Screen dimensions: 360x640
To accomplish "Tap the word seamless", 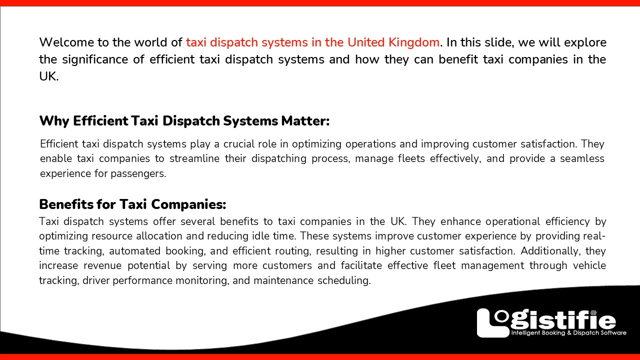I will click(580, 159).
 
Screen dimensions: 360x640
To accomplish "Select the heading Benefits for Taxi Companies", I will click(132, 204).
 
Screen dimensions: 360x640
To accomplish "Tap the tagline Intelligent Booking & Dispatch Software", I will click(568, 333).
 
